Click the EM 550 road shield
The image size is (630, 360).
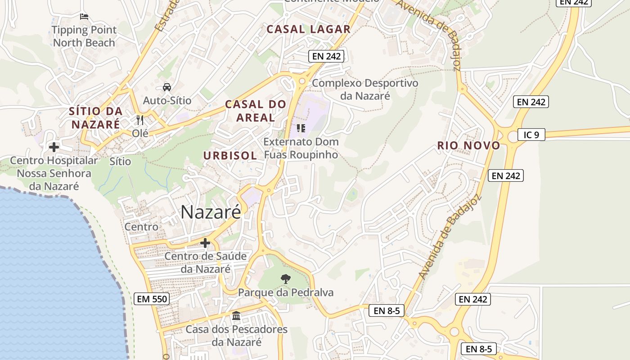(151, 298)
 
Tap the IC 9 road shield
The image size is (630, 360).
(531, 135)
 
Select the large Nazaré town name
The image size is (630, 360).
(211, 212)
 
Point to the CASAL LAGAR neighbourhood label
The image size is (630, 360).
(308, 29)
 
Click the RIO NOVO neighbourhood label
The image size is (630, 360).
(468, 145)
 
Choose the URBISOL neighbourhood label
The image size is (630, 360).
(230, 156)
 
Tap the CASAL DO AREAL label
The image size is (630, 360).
(256, 111)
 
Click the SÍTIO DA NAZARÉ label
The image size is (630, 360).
(96, 117)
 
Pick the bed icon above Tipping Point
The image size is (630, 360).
(84, 17)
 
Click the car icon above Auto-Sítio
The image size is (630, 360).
(166, 87)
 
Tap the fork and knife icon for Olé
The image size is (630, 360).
(140, 120)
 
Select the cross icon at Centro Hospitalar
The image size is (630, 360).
(54, 147)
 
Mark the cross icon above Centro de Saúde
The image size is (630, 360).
(205, 243)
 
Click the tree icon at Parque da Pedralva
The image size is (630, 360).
(285, 279)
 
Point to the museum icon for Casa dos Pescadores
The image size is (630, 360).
(236, 316)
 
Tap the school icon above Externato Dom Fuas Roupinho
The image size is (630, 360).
(301, 128)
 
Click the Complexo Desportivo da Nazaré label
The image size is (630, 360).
(365, 89)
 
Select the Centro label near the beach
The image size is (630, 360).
(141, 226)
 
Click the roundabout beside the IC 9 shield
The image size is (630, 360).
(513, 137)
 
